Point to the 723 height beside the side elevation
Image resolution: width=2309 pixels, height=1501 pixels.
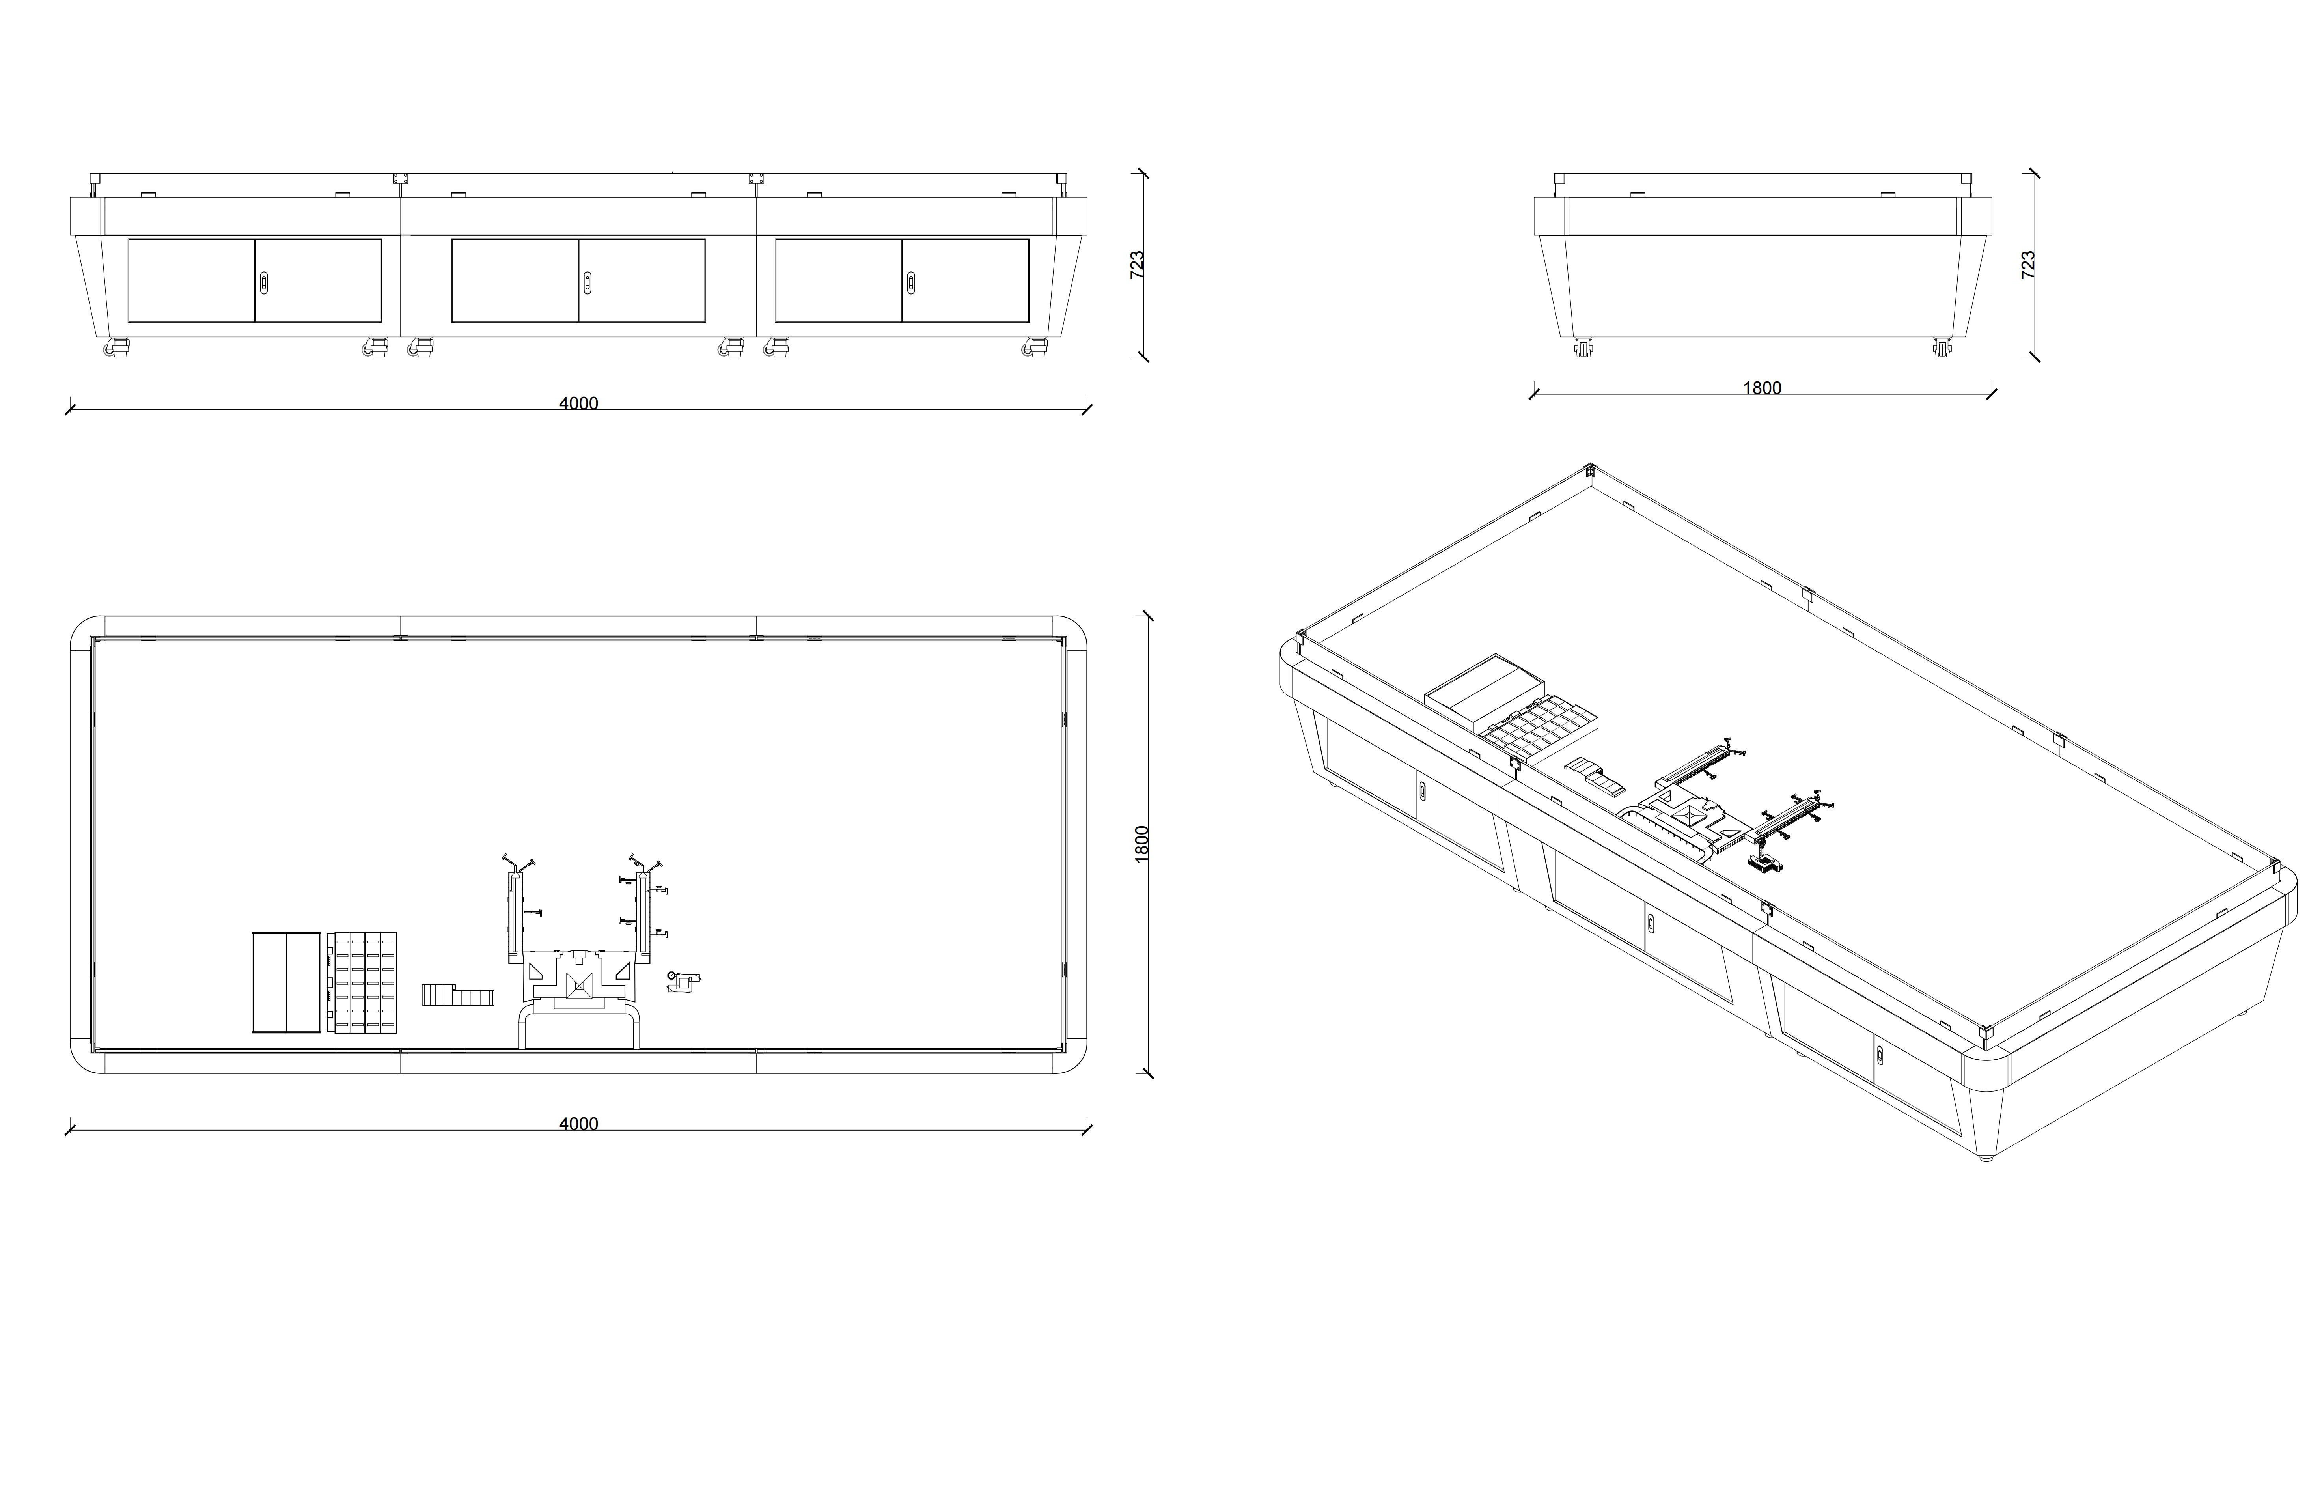(x=2027, y=265)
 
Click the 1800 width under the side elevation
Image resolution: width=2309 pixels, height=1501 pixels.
(x=1762, y=388)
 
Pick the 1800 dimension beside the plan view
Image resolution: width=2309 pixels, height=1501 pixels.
(x=1142, y=842)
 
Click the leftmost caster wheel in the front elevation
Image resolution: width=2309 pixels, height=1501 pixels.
(x=118, y=347)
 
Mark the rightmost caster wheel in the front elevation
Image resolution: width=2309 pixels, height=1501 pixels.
(x=1035, y=347)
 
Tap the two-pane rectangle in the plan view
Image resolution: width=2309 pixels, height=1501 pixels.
(x=286, y=982)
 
